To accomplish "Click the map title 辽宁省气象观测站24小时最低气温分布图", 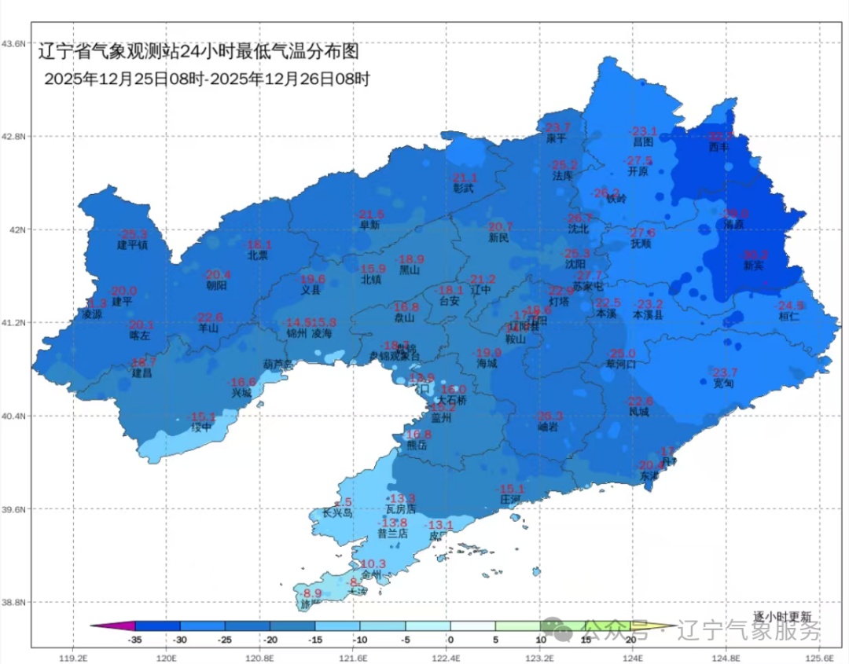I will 199,52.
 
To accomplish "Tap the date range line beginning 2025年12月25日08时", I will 207,79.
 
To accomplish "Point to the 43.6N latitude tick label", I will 15,43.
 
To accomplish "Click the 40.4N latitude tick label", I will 15,416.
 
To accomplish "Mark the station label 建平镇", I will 133,245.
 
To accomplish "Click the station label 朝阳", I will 216,286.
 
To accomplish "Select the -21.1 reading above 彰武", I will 465,178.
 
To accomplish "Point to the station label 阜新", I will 370,225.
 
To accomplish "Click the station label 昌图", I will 643,142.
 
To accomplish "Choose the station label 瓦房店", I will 402,509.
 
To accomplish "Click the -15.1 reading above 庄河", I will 511,488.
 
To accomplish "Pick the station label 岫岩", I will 549,427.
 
